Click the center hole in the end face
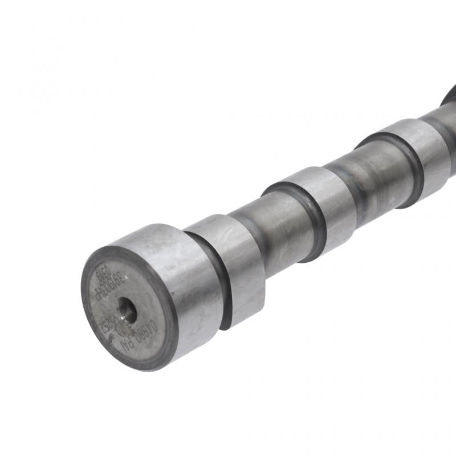(x=127, y=310)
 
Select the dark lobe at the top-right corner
(x=449, y=94)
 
